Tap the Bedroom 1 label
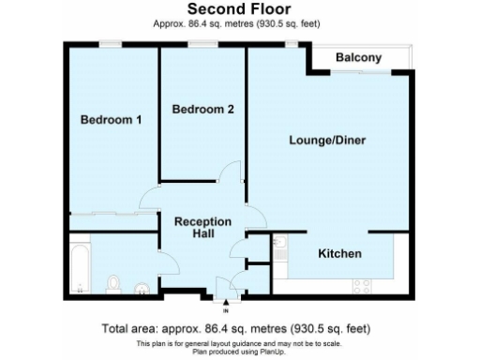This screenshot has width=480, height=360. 110,120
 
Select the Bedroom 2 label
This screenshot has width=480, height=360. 202,110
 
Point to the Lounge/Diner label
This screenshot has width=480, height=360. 326,141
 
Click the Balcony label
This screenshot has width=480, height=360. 359,58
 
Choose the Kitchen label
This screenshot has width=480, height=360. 339,254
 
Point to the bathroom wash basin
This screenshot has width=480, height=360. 142,287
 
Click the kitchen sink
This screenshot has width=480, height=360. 281,246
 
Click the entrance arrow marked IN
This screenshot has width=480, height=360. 225,301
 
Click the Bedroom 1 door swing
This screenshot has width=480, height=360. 150,200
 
